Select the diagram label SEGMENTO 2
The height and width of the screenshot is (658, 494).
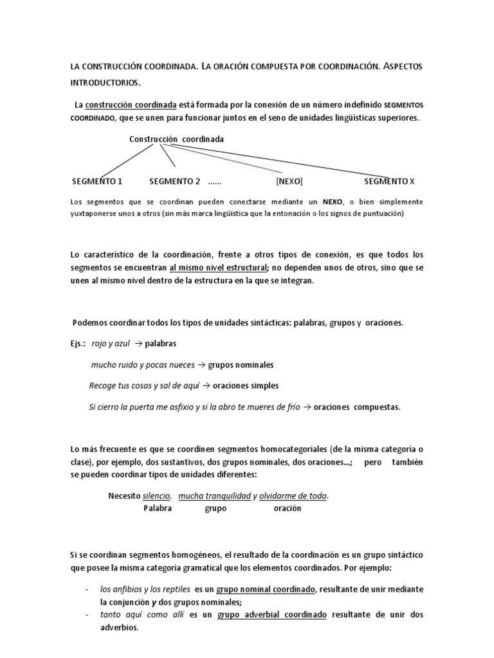[175, 181]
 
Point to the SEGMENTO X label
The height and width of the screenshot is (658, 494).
[394, 181]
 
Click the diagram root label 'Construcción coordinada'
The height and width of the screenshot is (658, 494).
[176, 139]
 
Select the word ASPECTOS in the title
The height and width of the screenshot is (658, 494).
[400, 67]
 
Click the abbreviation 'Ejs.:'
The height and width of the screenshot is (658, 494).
[78, 344]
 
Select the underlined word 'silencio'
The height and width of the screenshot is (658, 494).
[156, 496]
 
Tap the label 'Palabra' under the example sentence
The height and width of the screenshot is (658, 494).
[158, 508]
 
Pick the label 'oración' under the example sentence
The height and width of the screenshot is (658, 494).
[287, 508]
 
